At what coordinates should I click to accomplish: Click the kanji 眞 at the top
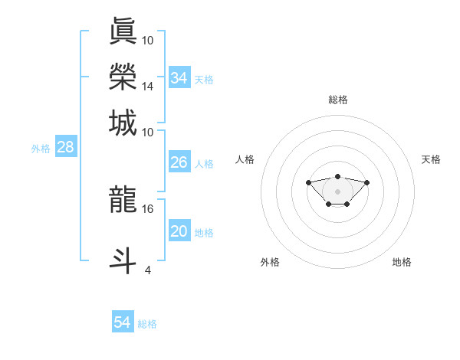123,31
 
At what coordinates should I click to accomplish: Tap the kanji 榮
123,77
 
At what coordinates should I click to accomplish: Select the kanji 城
123,123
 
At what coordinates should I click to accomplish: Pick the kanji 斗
123,260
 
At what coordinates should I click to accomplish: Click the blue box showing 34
179,78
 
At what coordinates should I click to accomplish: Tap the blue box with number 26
179,162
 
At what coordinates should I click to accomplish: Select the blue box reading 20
179,231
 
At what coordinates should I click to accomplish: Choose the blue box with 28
66,148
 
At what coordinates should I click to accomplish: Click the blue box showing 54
123,322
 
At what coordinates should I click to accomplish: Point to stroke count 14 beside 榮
148,87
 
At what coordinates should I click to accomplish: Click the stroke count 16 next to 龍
148,208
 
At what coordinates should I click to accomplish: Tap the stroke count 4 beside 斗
148,270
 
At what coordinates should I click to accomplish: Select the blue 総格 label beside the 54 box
147,324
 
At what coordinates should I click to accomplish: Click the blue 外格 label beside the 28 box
41,149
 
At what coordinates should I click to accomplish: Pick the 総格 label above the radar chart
338,100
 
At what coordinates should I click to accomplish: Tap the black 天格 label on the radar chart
432,159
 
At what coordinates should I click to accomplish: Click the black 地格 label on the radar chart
402,262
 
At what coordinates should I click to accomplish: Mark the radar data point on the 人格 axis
308,182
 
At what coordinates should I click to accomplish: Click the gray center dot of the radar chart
338,191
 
